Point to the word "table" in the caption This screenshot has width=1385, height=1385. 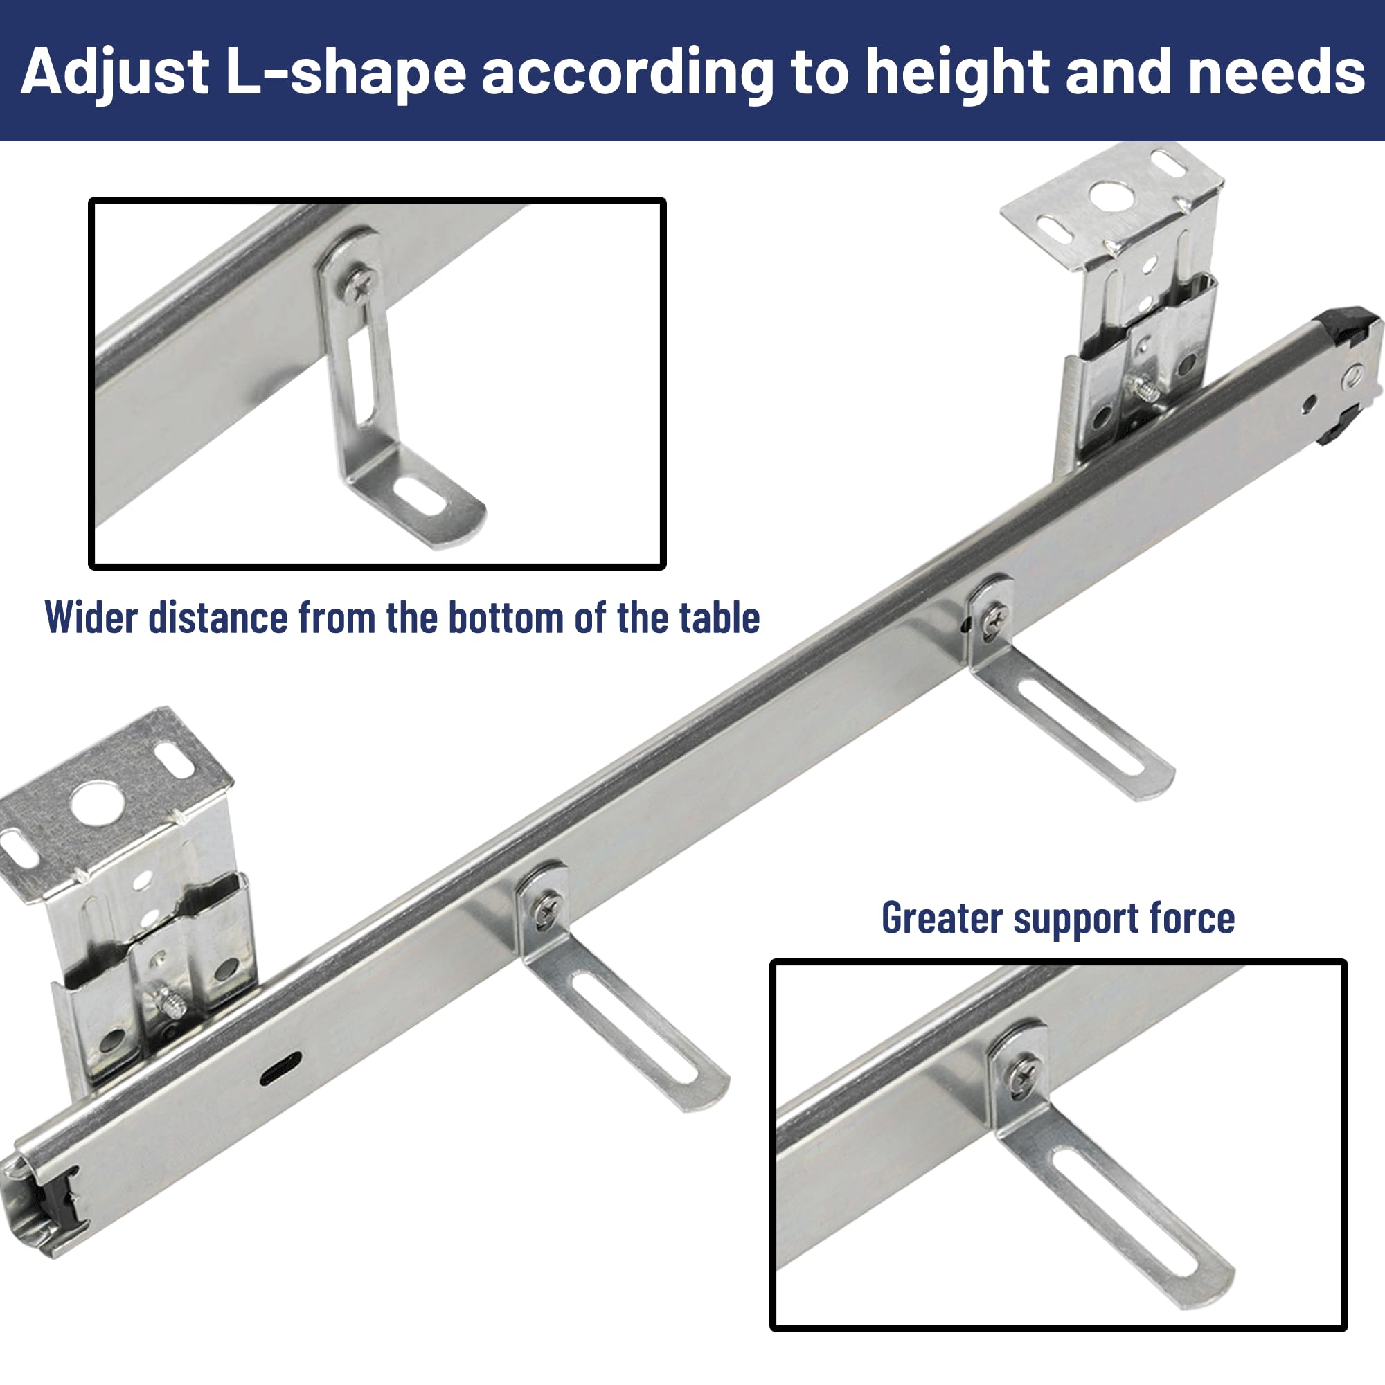pos(720,617)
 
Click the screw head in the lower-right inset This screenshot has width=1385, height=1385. pos(1021,1075)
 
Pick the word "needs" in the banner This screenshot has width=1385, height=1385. pos(1276,72)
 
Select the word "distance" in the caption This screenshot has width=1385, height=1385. pos(217,617)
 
